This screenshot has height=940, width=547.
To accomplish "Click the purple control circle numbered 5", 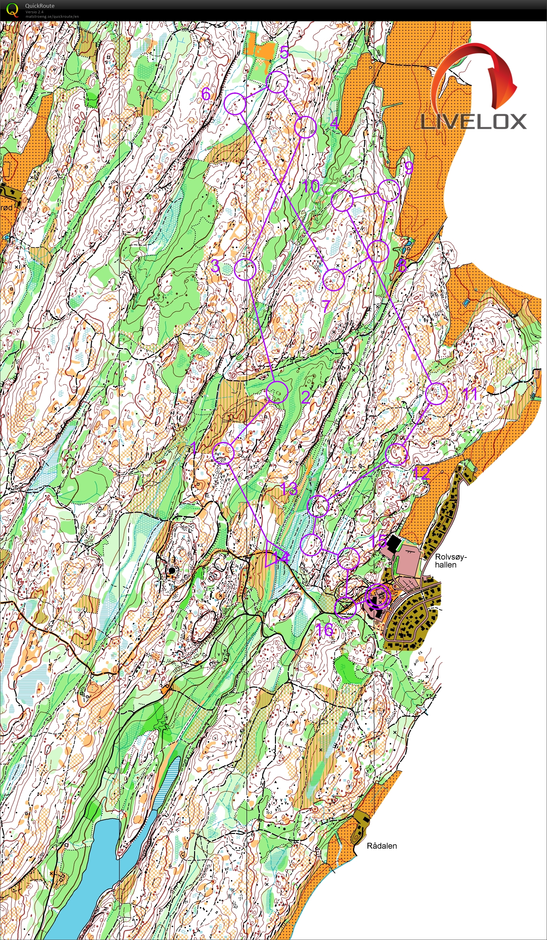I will click(x=277, y=82).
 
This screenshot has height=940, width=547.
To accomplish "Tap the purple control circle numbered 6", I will click(x=235, y=104).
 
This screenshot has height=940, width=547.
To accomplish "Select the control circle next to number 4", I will click(x=305, y=127).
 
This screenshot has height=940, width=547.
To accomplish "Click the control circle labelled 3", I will click(x=245, y=269).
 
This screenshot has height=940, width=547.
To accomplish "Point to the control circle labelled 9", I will click(x=389, y=190).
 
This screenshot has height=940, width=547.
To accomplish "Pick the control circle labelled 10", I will click(x=342, y=200).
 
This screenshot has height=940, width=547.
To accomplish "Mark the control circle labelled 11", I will click(x=436, y=394).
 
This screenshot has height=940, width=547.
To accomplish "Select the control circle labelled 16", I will click(x=346, y=608).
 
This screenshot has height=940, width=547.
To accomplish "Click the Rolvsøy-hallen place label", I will click(x=450, y=561).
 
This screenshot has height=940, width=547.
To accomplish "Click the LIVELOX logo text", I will click(x=474, y=122).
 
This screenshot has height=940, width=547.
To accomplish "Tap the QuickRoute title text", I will click(x=39, y=5).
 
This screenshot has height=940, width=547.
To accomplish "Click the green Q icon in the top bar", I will click(x=12, y=10).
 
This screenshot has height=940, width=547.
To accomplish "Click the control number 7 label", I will click(x=326, y=306).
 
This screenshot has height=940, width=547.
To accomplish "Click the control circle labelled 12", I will click(x=396, y=454).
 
